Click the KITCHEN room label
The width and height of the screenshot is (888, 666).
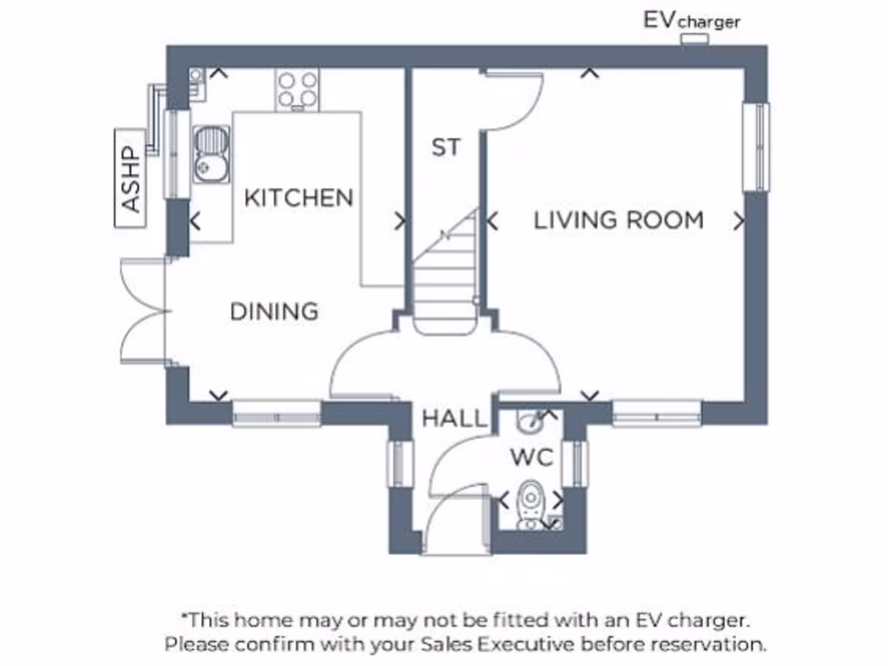tap(298, 198)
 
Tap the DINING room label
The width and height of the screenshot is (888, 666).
tap(274, 311)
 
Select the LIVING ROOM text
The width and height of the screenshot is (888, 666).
tap(618, 220)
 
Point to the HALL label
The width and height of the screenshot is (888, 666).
tap(454, 420)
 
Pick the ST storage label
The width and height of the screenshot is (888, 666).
tap(446, 147)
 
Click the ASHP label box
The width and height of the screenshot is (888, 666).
tap(130, 179)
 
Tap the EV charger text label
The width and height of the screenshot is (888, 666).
tap(691, 20)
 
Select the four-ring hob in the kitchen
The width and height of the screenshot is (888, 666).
tap(297, 89)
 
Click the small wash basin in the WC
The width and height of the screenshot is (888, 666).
tap(527, 422)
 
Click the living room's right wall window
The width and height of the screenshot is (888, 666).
tap(756, 147)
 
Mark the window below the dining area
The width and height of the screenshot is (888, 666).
tap(277, 414)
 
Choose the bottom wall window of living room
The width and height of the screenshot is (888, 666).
tap(656, 414)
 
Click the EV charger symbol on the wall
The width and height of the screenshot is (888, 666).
tap(694, 40)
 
